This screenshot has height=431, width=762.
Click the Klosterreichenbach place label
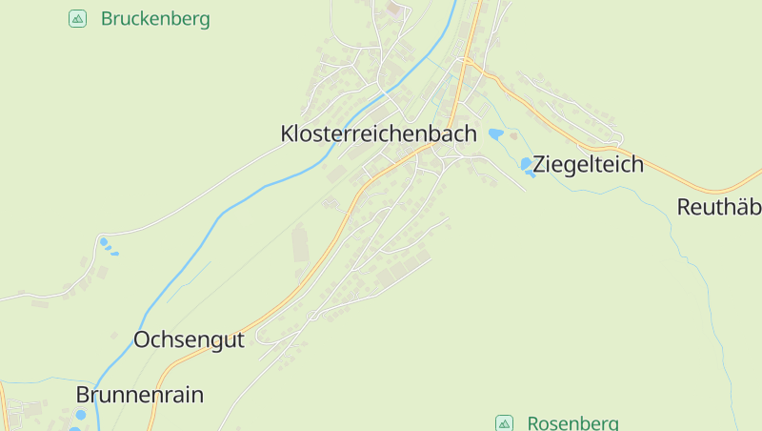coord(378,134)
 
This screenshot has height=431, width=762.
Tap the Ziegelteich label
coord(589,164)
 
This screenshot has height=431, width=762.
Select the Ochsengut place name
coord(189,339)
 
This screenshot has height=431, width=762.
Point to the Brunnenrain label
coord(140,395)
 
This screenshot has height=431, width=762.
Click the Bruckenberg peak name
coord(155,19)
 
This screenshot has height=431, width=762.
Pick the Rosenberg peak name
coord(572,423)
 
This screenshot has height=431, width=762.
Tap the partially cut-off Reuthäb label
coord(719,207)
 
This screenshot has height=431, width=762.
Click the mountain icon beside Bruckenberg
coord(78,19)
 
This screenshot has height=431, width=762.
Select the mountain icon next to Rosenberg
coord(504,423)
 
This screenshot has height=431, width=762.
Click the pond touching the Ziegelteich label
coord(527,165)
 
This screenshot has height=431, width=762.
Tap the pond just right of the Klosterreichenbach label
coord(495,134)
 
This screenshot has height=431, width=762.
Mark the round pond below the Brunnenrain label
coord(80,416)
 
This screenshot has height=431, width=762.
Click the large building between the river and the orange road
coord(301,243)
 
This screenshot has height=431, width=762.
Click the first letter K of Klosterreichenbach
coord(288,134)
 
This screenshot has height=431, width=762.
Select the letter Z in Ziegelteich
coord(540,164)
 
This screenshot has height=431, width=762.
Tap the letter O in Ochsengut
coord(143,339)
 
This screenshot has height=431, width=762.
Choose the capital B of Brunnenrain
coord(84,395)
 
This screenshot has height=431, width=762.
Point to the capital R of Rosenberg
coord(533,423)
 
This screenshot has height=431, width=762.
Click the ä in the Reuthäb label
coord(739,207)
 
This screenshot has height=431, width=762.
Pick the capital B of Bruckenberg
coord(107,19)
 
